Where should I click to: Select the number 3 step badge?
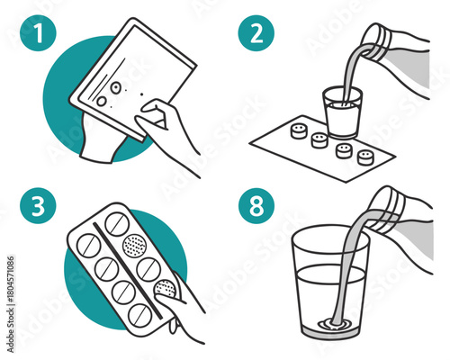[x=37, y=206]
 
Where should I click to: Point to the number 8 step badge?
[x=255, y=206]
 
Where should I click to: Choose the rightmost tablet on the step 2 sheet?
[x=365, y=157]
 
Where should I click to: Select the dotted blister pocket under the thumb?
[x=165, y=288]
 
